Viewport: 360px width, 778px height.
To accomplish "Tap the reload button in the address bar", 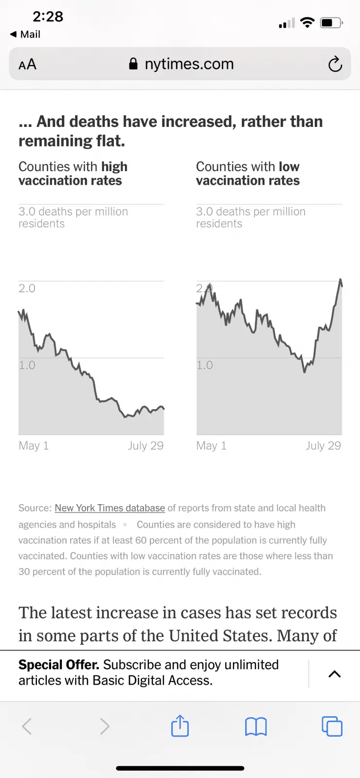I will click(335, 64).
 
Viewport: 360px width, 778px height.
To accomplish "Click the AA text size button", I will click(28, 64).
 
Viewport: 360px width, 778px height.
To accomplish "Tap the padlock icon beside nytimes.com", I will click(133, 64).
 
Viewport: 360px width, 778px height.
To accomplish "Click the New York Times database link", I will click(109, 508).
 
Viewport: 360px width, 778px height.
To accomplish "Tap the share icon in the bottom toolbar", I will click(180, 726).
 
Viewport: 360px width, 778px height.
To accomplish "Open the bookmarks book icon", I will click(256, 726).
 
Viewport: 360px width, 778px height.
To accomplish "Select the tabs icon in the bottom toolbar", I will click(332, 726).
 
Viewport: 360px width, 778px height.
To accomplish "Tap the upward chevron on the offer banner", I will click(334, 674).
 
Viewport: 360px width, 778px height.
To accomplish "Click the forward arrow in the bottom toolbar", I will click(105, 726).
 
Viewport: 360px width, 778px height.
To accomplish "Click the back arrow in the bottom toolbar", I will click(27, 726).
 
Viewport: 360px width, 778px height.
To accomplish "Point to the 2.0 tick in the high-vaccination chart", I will click(27, 288).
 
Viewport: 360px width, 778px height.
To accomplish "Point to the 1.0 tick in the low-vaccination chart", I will click(204, 365).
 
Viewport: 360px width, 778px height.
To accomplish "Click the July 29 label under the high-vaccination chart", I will click(145, 445).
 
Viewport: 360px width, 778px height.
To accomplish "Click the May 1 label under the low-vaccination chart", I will click(211, 445).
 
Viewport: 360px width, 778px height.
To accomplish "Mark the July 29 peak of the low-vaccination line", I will click(341, 280).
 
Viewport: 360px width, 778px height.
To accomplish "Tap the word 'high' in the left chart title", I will click(114, 167).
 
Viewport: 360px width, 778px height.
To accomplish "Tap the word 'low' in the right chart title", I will click(289, 167).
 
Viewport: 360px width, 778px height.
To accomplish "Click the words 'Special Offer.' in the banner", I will click(58, 665).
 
